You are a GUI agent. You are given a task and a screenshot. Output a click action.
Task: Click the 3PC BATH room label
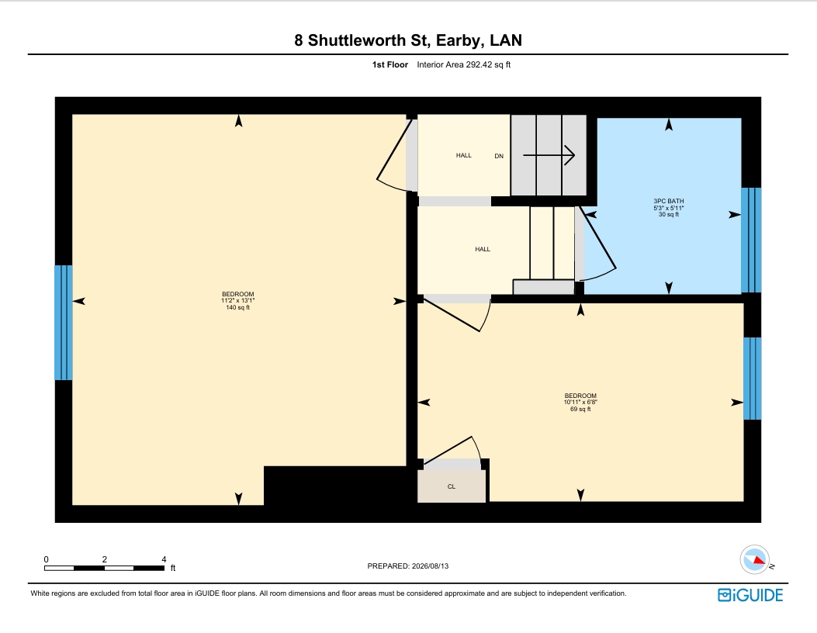click(x=669, y=201)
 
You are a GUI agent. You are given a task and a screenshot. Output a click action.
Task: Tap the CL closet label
click(x=452, y=486)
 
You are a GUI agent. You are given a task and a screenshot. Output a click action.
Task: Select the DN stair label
click(x=499, y=156)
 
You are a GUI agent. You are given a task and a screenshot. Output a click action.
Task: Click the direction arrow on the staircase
click(x=549, y=154)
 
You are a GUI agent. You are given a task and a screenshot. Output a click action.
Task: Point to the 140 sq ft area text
click(x=237, y=308)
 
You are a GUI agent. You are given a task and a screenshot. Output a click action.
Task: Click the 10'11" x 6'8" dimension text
click(x=580, y=402)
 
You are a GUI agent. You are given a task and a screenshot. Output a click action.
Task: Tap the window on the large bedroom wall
click(x=64, y=323)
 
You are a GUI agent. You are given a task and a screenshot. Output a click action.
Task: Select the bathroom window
click(x=751, y=240)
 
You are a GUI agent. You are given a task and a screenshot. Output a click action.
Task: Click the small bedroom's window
click(x=753, y=379)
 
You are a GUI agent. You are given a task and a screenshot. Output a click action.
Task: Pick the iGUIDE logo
click(x=750, y=595)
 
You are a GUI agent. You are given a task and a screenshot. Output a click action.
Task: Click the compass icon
click(x=754, y=559)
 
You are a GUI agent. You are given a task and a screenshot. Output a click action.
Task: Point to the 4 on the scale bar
click(x=164, y=559)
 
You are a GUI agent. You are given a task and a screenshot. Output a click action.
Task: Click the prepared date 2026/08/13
click(x=430, y=566)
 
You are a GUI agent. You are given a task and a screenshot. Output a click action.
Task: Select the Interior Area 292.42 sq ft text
click(x=464, y=64)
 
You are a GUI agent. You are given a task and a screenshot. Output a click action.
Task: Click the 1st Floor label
click(x=389, y=64)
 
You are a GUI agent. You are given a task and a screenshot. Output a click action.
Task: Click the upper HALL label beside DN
click(x=464, y=155)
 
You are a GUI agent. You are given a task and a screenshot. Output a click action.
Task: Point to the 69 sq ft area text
click(x=580, y=410)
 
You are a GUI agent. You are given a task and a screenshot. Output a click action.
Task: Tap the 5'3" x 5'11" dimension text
click(x=669, y=208)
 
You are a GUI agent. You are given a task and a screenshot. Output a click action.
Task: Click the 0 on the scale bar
click(x=47, y=559)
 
